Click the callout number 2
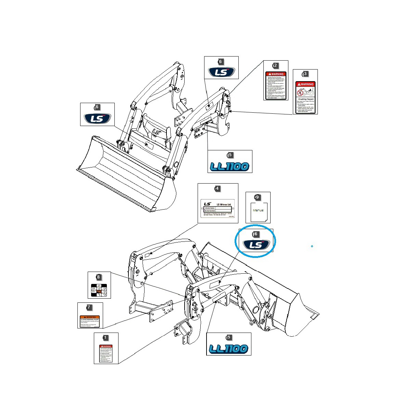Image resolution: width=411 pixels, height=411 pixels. pyautogui.click(x=275, y=65)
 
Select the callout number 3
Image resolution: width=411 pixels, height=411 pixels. pyautogui.click(x=305, y=74)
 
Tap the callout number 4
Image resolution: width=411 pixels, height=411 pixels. pyautogui.click(x=217, y=188)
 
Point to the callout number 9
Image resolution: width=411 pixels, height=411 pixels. pyautogui.click(x=257, y=197)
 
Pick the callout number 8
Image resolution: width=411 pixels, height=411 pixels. pyautogui.click(x=98, y=277)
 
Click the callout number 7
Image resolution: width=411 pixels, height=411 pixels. pyautogui.click(x=89, y=307)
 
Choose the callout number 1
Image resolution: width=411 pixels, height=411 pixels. pyautogui.click(x=105, y=338)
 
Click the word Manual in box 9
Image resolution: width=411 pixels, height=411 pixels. pyautogui.click(x=258, y=210)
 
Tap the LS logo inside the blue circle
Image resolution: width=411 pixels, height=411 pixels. pyautogui.click(x=256, y=245)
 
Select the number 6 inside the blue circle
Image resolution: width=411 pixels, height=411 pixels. pyautogui.click(x=256, y=234)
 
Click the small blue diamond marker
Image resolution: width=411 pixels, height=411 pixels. pyautogui.click(x=312, y=246)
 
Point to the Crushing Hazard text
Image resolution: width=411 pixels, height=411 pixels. pyautogui.click(x=306, y=99)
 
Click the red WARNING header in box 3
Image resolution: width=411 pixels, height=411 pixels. pyautogui.click(x=306, y=84)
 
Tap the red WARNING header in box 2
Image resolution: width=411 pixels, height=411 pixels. pyautogui.click(x=276, y=74)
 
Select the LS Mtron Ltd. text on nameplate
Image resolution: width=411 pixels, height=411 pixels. pyautogui.click(x=224, y=204)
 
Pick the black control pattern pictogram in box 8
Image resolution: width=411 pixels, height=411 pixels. pyautogui.click(x=99, y=290)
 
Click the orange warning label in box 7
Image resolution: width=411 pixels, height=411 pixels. pyautogui.click(x=90, y=321)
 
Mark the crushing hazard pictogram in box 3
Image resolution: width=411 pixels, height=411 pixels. pyautogui.click(x=305, y=92)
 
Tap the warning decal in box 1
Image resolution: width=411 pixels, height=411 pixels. pyautogui.click(x=106, y=353)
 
